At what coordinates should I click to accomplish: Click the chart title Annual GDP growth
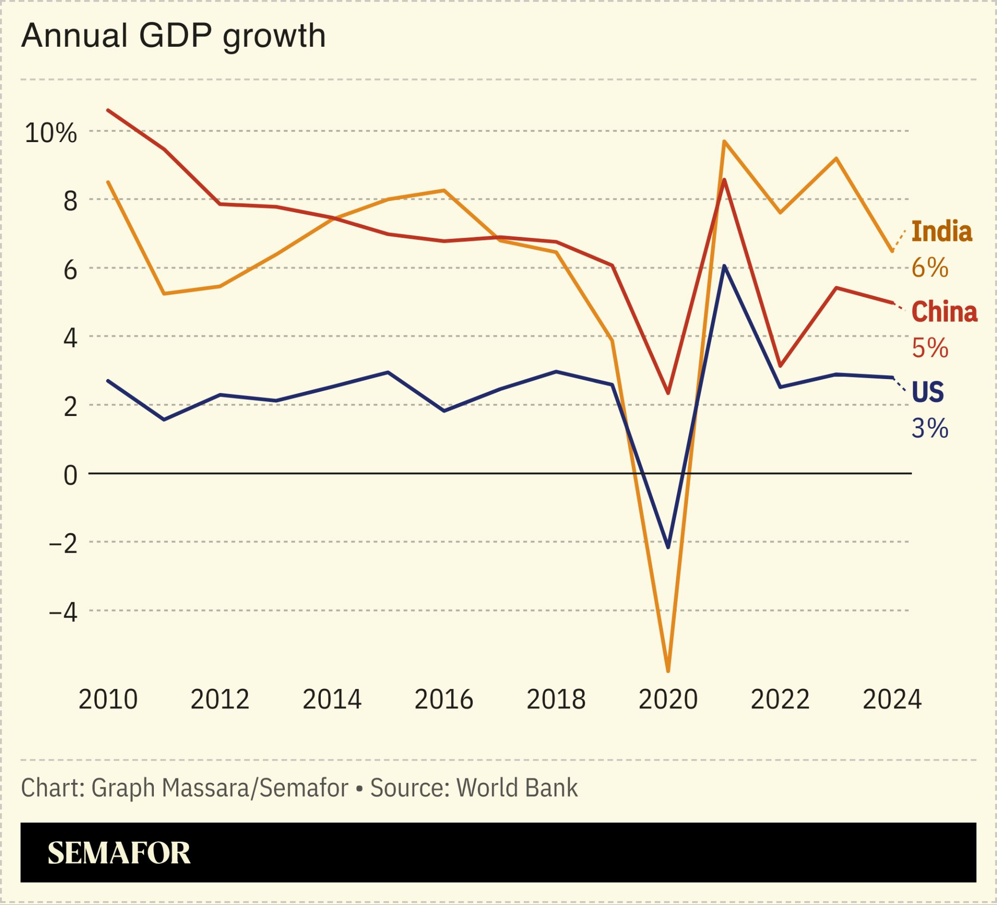coord(173,36)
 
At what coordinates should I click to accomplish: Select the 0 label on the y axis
coord(71,475)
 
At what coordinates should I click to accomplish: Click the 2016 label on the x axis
coord(443,699)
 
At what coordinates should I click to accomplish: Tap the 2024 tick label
coord(892,699)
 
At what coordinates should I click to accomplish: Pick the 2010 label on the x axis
coord(108,699)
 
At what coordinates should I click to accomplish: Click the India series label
coord(941,231)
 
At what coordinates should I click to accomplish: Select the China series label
coord(943,312)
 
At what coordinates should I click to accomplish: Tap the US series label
coord(927,392)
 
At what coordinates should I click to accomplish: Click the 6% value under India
coord(929,268)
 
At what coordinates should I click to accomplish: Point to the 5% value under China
coord(929,348)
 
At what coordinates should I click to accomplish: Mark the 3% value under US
coord(929,429)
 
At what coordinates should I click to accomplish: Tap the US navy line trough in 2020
coord(668,547)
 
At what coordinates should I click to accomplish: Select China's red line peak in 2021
coord(724,180)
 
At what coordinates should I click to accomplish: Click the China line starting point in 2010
coord(108,110)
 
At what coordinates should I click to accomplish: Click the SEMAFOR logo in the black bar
coord(119,852)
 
